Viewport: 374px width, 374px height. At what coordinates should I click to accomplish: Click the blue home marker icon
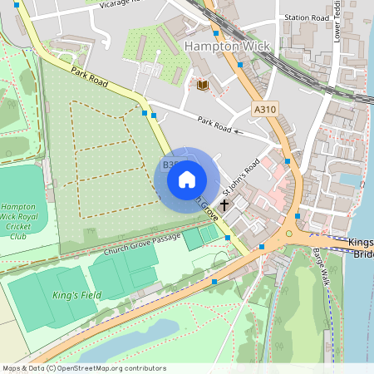point(187,179)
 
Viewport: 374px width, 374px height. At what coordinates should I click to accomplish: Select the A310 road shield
point(264,109)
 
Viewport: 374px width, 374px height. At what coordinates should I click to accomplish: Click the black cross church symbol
point(224,204)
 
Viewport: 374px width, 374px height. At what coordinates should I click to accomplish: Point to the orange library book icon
point(202,85)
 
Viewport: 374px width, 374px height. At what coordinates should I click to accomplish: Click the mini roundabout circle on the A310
point(289,234)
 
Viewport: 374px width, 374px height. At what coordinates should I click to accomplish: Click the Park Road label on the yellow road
point(90,77)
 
